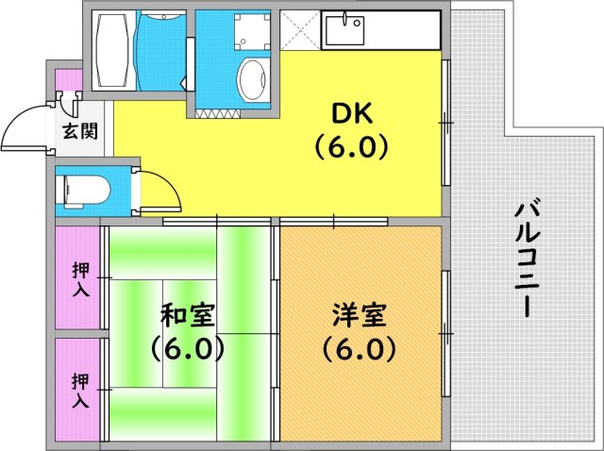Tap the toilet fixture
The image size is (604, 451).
(83, 190)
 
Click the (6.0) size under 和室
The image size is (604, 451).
(187, 349)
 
